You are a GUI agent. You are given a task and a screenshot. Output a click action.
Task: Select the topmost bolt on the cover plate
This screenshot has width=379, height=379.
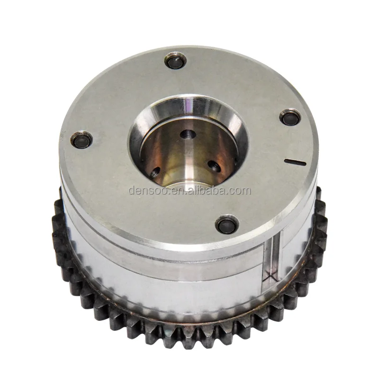(174, 62)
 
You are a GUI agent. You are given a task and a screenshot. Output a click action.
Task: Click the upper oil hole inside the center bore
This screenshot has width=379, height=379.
(189, 134)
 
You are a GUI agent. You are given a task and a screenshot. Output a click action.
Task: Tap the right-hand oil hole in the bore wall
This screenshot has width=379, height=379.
(214, 166)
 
